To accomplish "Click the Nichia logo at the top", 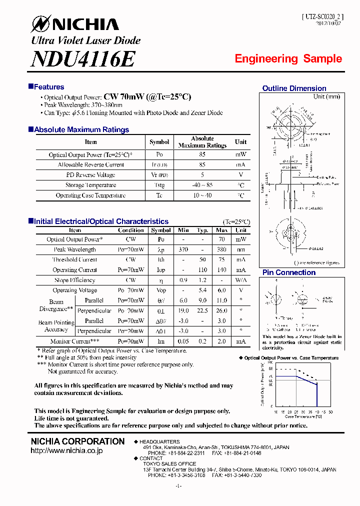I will [x=75, y=24].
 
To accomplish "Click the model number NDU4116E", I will [x=83, y=59].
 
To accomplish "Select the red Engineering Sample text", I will [x=288, y=59].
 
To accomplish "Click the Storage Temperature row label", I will [x=91, y=185].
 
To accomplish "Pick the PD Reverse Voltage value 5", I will [x=202, y=175].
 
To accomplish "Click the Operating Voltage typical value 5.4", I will [x=202, y=290].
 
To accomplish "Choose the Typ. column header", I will [x=202, y=230].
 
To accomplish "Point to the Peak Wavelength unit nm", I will [x=241, y=249].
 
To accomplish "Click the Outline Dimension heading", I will [x=294, y=88].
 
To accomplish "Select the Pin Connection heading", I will [x=289, y=272].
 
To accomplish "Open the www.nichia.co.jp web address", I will [x=66, y=451].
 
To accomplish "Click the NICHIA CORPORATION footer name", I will [x=77, y=441].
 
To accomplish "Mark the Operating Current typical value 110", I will [x=202, y=270].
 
